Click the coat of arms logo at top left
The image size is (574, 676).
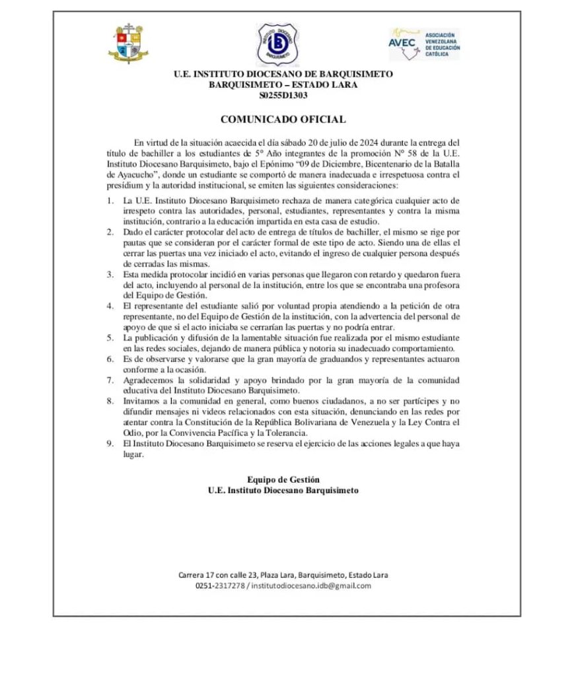click(x=128, y=44)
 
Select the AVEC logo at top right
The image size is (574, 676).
click(x=424, y=44)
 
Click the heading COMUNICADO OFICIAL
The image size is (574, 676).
click(x=283, y=119)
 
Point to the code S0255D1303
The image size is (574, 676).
click(x=283, y=95)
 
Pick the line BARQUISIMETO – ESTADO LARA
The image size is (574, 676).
click(x=283, y=84)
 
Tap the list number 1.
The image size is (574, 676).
click(x=110, y=200)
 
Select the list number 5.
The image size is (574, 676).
click(x=110, y=337)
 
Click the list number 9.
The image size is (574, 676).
click(x=110, y=444)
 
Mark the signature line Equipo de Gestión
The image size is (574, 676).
click(x=283, y=480)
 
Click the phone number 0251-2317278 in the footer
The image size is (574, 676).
click(x=220, y=586)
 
